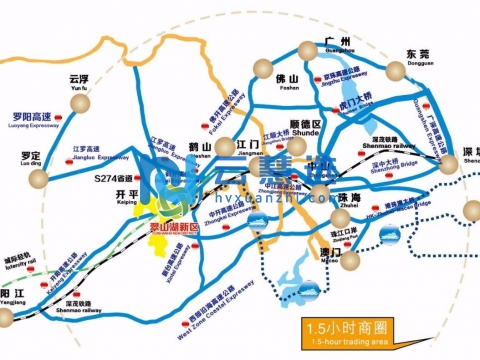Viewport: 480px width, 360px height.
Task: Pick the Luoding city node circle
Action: tap(41, 178)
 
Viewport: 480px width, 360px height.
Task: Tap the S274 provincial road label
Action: tap(111, 179)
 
